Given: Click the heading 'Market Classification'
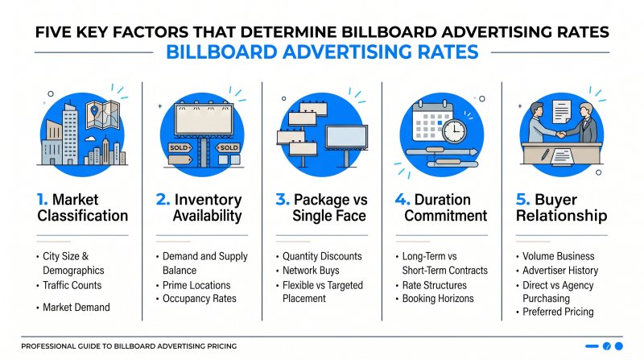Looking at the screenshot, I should coord(82,207).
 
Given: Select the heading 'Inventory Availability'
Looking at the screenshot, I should coord(203,207).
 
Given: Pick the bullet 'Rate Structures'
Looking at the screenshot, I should coord(436,285).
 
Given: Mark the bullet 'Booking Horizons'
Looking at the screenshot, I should coord(440,299).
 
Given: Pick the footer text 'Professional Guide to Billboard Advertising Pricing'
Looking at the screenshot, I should coord(129,346).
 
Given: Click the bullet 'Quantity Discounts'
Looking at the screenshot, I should coord(322,257).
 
